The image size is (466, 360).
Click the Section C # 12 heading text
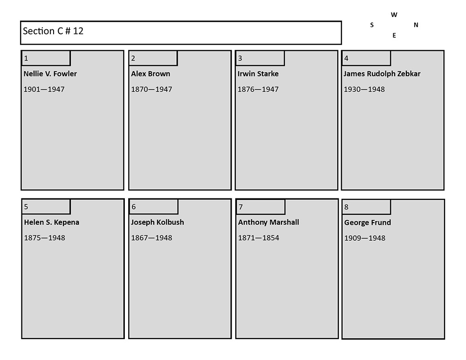[x=53, y=31]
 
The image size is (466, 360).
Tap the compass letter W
[x=394, y=15]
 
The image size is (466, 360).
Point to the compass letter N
[x=416, y=25]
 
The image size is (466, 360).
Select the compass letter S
[x=372, y=25]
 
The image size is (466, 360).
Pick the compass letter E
[x=394, y=35]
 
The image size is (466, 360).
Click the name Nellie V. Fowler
[x=50, y=74]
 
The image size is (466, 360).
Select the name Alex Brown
[x=151, y=74]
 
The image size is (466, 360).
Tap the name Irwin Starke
[x=258, y=74]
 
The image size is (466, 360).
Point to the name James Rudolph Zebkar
[x=382, y=74]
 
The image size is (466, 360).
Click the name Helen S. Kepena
[x=52, y=222]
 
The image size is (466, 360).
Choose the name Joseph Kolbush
[x=158, y=222]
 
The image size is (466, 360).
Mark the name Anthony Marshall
[x=268, y=222]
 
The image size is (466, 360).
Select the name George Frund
[x=368, y=223]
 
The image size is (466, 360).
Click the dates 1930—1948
[x=364, y=89]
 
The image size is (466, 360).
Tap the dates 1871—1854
[x=259, y=238]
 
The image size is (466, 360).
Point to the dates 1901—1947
[x=44, y=89]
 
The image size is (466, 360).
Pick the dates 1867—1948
[x=151, y=238]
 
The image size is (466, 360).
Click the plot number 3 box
[x=260, y=58]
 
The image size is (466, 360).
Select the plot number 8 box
[x=366, y=207]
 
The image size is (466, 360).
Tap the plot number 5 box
[x=46, y=206]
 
